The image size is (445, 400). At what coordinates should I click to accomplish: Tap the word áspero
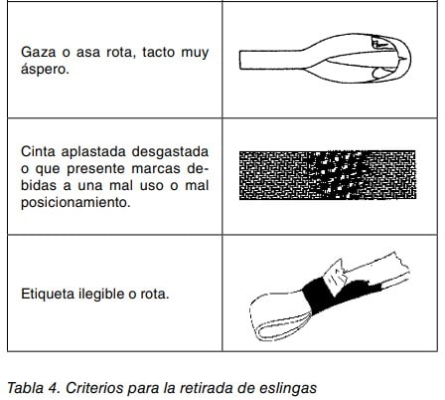click(45, 69)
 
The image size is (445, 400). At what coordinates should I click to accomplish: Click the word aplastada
click(93, 152)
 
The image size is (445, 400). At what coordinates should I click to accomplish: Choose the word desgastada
click(170, 152)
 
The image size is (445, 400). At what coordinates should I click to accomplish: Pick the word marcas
click(156, 169)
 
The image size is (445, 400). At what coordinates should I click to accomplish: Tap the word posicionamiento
click(75, 202)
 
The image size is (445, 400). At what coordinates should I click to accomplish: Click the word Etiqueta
click(48, 294)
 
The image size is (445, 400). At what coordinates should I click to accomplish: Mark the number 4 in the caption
click(55, 388)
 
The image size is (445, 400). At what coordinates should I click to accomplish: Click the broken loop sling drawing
click(326, 58)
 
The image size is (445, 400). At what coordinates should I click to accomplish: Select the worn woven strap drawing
click(328, 175)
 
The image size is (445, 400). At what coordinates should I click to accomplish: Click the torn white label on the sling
click(335, 276)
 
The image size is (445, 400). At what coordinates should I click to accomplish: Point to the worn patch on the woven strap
click(338, 174)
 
